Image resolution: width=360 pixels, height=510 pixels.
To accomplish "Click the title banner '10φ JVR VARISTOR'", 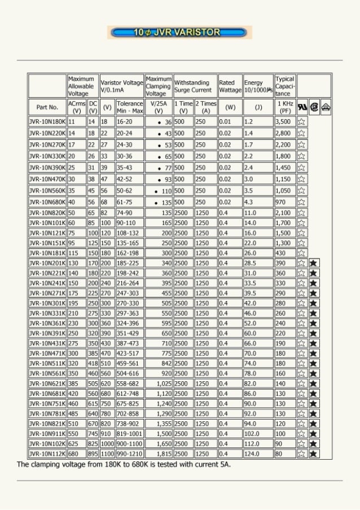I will (179, 33).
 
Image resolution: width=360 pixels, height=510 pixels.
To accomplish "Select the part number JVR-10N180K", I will (47, 121).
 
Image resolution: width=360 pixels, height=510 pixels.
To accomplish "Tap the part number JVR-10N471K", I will (47, 353).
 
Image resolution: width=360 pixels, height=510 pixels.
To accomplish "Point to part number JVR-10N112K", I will (47, 454).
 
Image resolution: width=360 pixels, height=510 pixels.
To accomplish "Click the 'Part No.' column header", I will (47, 107).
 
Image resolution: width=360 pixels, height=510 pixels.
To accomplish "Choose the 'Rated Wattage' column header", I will (230, 86).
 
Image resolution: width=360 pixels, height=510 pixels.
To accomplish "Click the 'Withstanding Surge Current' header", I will (195, 86).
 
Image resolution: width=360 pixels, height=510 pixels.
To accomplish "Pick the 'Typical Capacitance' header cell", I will (285, 86).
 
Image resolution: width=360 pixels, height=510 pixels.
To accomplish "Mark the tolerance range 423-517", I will (129, 353).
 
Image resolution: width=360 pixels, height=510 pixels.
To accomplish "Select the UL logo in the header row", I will (302, 107).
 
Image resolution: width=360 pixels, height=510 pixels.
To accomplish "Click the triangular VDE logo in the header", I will (326, 107).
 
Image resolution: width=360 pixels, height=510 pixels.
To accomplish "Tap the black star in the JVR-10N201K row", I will (314, 263).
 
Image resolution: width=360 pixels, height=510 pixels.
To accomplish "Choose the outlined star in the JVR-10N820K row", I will (301, 212).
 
